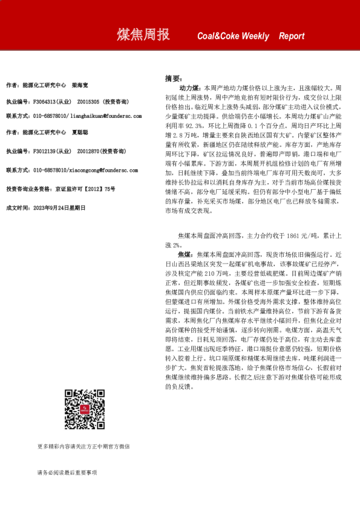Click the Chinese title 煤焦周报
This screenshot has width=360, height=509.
pyautogui.click(x=143, y=35)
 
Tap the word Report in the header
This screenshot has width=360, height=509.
pyautogui.click(x=292, y=36)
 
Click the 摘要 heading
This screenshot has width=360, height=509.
pyautogui.click(x=173, y=79)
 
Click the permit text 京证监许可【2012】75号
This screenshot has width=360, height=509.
pyautogui.click(x=84, y=189)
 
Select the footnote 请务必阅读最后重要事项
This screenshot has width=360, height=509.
pyautogui.click(x=67, y=472)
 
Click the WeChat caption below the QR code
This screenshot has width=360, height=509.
pyautogui.click(x=83, y=447)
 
